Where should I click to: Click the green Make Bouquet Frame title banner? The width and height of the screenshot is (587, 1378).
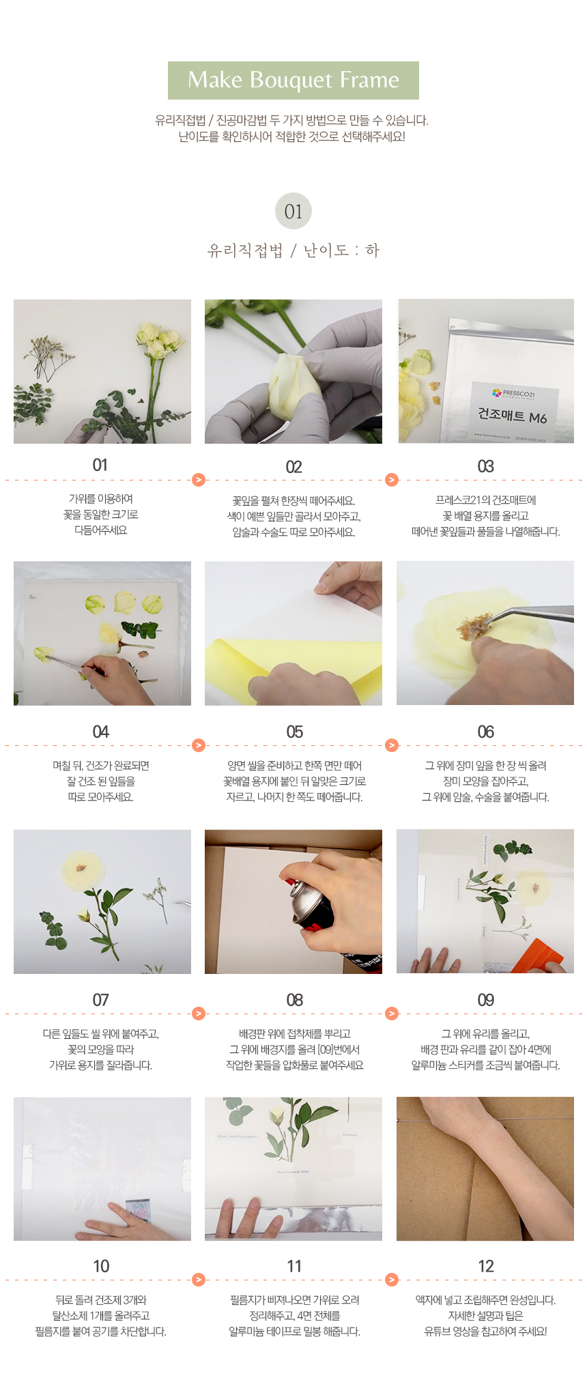coord(293,81)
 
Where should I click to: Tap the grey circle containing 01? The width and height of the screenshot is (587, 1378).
coord(293,211)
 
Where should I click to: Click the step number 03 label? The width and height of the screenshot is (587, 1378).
coord(485,466)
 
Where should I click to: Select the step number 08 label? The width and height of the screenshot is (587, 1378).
coord(294,1000)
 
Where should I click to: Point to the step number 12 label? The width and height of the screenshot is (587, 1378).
coord(485,1266)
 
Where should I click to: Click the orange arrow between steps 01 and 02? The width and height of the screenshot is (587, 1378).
coord(199,480)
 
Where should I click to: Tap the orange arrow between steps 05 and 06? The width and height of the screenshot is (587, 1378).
coord(392,745)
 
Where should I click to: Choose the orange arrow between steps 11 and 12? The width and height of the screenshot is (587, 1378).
coord(392,1279)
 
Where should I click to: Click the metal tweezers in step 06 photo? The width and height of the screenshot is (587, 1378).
coord(532,613)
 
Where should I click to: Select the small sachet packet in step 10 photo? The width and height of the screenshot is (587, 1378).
coord(139,1211)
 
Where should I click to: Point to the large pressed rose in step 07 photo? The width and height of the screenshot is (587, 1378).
coord(83,870)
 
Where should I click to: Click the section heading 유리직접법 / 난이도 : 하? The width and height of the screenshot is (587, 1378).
coord(293,250)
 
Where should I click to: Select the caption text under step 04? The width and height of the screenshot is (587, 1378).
coord(101,781)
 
